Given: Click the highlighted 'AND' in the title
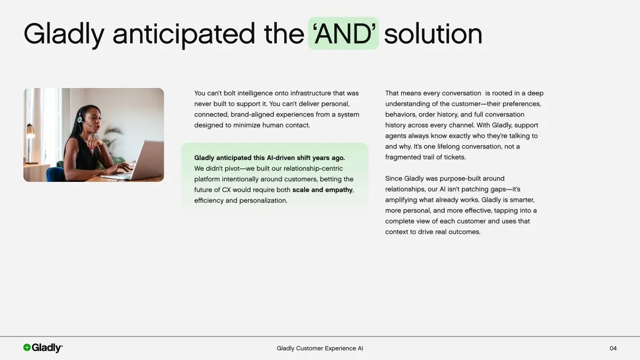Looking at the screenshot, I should pos(343,34).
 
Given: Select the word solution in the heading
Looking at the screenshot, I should pos(433,34).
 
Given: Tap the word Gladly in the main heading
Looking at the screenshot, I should pos(64,35).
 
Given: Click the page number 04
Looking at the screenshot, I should pos(613,348).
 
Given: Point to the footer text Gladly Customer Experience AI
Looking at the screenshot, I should pos(319,348).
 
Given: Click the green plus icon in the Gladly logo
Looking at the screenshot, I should pos(27,348).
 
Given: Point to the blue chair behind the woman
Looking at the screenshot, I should pos(55,174).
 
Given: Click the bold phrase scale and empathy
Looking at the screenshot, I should pos(322,190).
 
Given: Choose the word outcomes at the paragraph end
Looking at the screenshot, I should pos(464,232).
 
